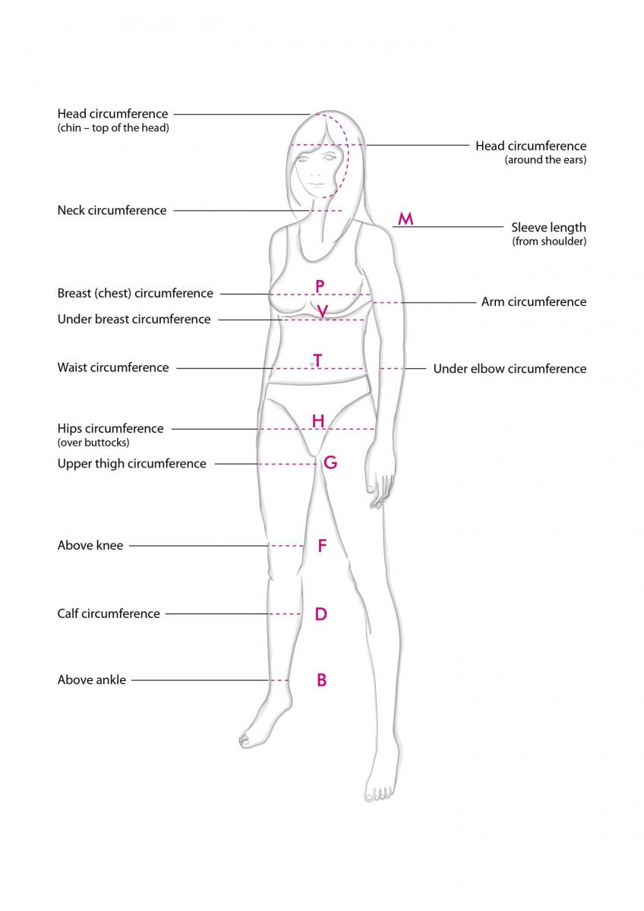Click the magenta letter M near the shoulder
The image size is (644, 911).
click(406, 219)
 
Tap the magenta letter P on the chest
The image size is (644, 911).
click(320, 286)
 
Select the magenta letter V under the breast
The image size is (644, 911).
click(322, 311)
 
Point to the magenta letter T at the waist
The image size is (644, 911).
click(317, 361)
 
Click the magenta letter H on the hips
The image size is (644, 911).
click(318, 421)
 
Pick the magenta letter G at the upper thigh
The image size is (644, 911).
click(330, 462)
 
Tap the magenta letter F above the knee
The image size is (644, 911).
click(322, 545)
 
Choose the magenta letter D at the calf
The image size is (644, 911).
click(321, 613)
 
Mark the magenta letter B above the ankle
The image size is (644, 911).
click(322, 679)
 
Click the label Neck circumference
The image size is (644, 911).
click(112, 210)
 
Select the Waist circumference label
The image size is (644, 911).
click(113, 367)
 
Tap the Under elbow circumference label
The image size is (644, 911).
click(510, 368)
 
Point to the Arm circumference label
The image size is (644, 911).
click(534, 302)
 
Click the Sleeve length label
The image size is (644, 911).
click(549, 227)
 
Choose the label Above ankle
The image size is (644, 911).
click(92, 679)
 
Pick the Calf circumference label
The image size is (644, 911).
click(109, 613)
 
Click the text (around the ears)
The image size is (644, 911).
click(545, 160)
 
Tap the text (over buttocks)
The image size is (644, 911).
click(93, 443)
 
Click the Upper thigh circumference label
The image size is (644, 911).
click(132, 464)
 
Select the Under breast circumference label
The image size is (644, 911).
click(134, 320)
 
